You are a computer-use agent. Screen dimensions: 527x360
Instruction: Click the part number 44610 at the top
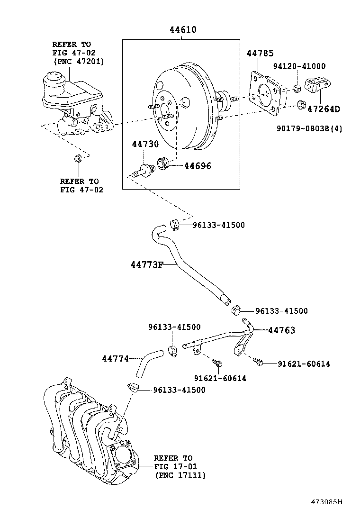[183, 30]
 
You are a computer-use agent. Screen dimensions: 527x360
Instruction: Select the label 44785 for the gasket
[260, 54]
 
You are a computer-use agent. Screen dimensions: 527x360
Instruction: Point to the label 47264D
[324, 109]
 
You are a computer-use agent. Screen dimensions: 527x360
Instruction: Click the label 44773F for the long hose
[147, 264]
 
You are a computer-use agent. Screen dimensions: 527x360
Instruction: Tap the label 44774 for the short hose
[115, 359]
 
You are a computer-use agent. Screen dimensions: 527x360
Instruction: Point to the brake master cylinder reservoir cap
[54, 78]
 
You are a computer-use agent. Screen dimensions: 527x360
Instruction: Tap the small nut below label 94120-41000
[296, 88]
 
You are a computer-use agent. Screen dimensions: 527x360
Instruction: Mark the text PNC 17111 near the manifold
[180, 475]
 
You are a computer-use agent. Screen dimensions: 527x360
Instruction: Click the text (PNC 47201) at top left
[78, 61]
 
